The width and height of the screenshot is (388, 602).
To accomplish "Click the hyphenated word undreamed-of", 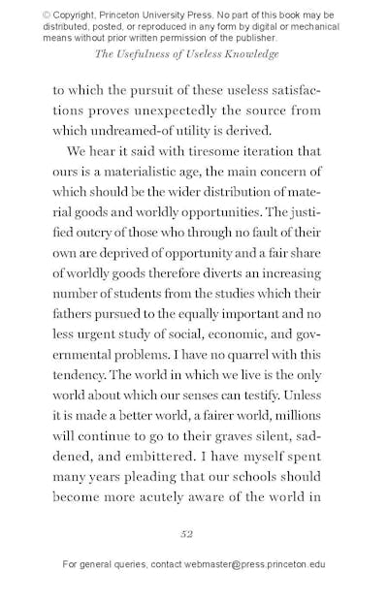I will [133, 131].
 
